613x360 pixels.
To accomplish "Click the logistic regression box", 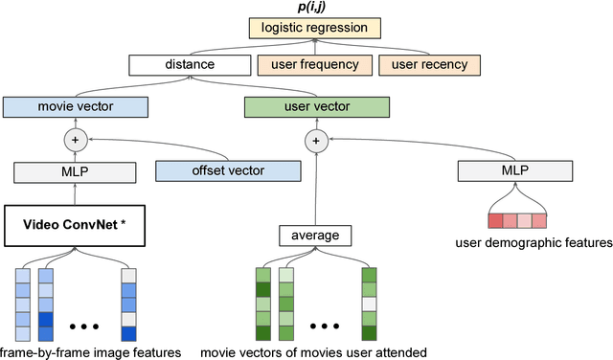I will [315, 29].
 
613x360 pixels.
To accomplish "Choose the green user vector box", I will [316, 105].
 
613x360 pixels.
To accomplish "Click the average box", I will [316, 235].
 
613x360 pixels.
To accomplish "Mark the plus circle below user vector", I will [316, 140].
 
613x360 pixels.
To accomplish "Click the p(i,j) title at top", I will [315, 8].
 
